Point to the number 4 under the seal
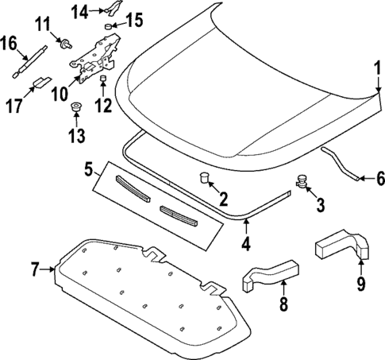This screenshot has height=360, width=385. [x=246, y=244]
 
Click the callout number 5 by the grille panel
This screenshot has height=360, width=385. [x=90, y=169]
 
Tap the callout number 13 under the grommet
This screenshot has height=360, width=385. [x=75, y=136]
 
